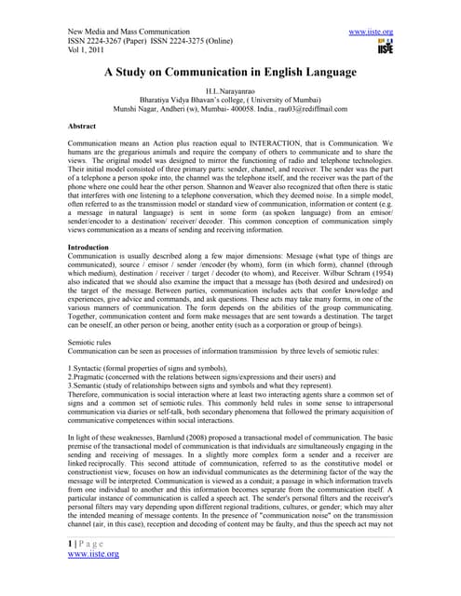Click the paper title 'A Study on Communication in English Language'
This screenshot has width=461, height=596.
click(230, 72)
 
